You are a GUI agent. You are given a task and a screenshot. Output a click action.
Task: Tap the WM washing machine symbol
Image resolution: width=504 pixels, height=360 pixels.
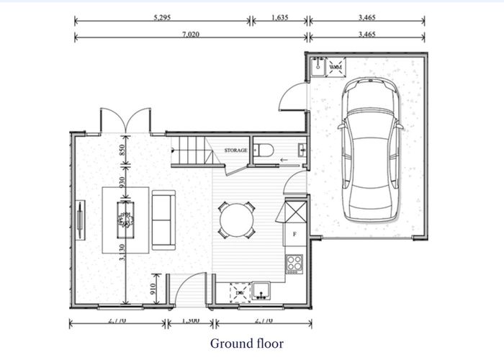[x=336, y=68]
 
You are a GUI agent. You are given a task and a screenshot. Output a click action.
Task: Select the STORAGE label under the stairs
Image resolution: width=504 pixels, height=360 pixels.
[x=235, y=150]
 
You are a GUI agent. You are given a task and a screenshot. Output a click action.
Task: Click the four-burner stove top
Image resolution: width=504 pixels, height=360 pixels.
[x=294, y=264]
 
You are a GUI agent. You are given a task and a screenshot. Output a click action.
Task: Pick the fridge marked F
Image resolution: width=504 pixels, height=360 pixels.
[x=294, y=235]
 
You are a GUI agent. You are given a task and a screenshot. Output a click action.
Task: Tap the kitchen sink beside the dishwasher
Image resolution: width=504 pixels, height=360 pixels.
[x=260, y=291]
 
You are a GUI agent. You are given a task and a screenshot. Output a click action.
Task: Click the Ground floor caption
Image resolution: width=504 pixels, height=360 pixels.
[x=246, y=343]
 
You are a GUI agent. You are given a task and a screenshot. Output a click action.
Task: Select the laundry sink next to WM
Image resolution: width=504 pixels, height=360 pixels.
[x=318, y=67]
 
